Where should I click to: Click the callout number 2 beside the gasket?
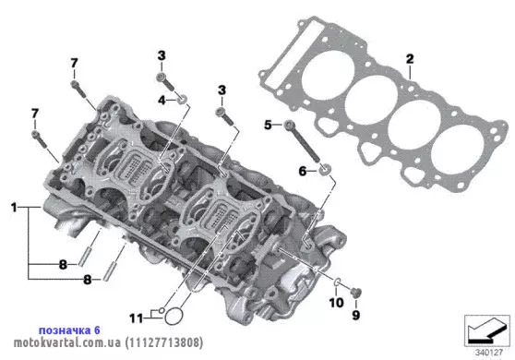click(410, 59)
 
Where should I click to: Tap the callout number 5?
click(268, 125)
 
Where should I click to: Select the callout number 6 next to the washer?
click(302, 171)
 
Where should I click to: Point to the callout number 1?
click(14, 208)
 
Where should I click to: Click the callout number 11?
click(137, 318)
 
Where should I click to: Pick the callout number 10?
click(336, 303)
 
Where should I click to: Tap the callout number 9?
click(356, 316)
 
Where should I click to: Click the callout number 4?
click(162, 101)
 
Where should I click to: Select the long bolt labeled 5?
click(302, 141)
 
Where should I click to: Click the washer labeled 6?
click(325, 169)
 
